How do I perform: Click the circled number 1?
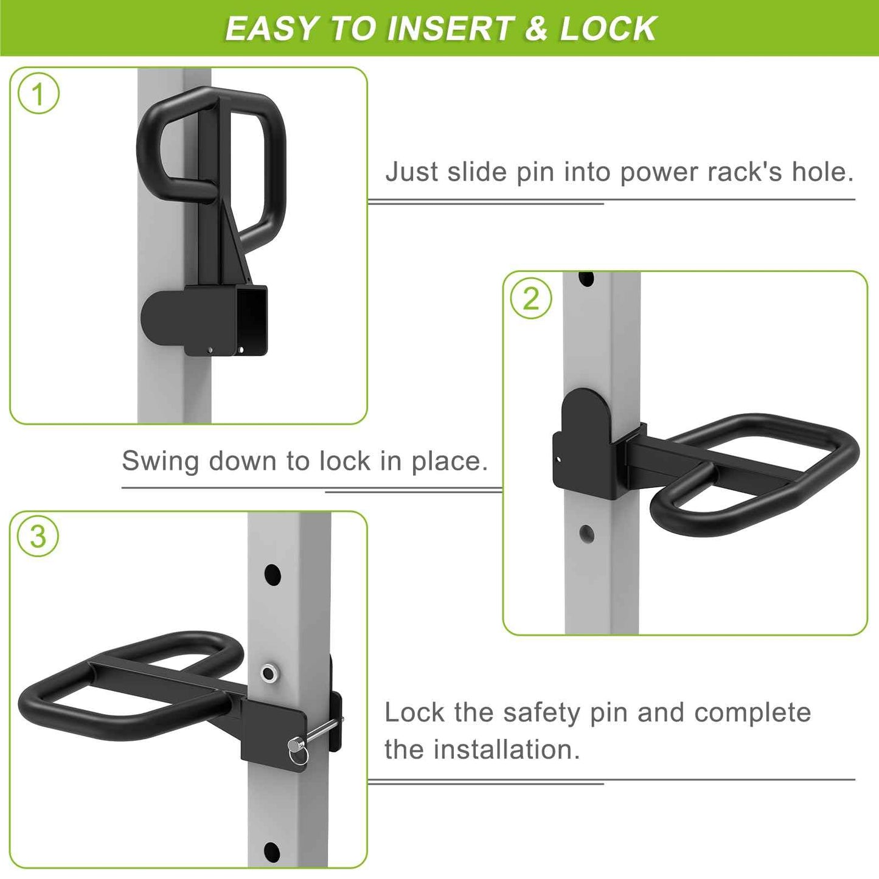tap(38, 94)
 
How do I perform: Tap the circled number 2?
tap(531, 299)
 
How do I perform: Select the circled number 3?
tap(38, 536)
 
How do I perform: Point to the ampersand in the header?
tap(536, 29)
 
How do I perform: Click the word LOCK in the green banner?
tap(608, 29)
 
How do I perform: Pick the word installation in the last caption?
tap(506, 749)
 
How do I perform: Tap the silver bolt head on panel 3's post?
tap(268, 672)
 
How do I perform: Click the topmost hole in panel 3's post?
tap(273, 574)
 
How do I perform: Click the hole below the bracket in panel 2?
tap(587, 534)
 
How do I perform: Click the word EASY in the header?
tap(272, 29)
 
